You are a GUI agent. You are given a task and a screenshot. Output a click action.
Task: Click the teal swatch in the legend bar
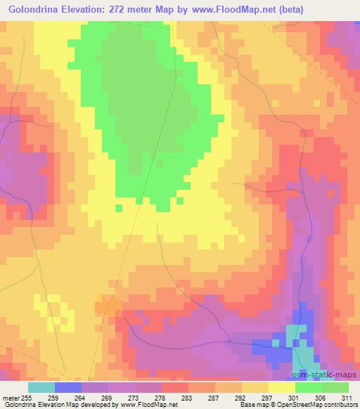point(41,387)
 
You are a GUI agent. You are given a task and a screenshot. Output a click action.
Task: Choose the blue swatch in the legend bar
point(68,387)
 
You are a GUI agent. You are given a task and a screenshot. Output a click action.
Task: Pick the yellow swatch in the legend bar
point(281,387)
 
